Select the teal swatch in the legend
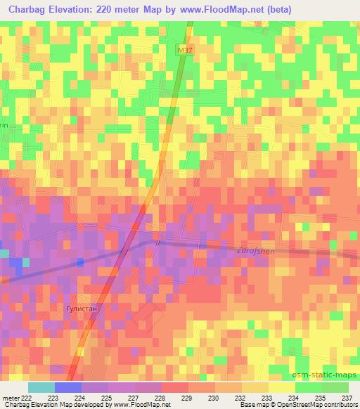[41, 387]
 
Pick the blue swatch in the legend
[67, 387]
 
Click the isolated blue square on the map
[80, 262]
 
